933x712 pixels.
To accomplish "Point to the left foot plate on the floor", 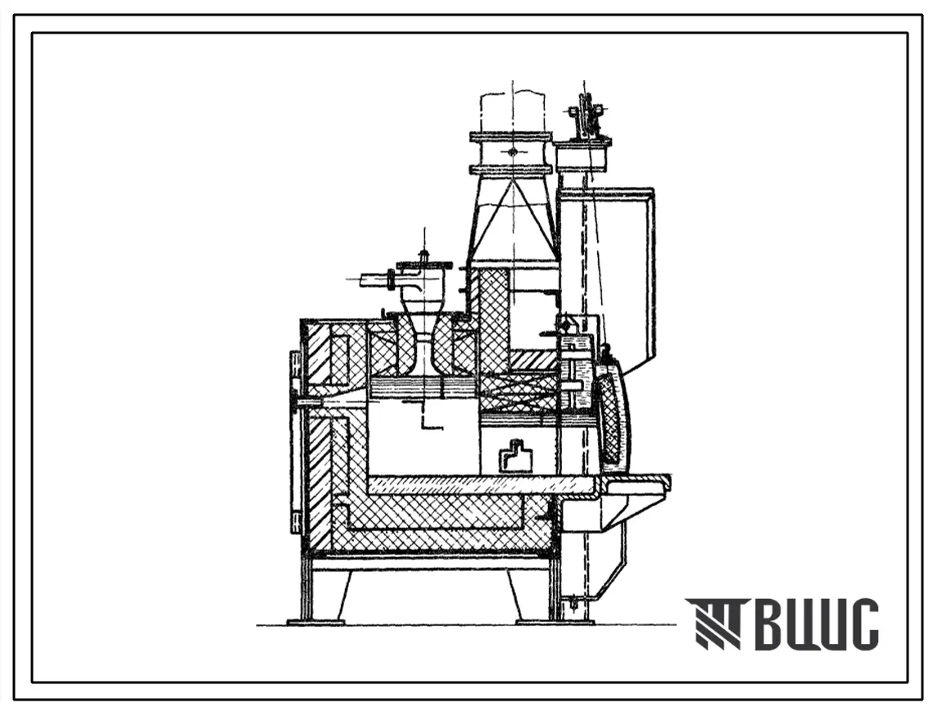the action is point(315,622).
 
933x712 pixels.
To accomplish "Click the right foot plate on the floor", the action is point(538,622).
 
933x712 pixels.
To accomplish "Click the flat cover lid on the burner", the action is point(423,264).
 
